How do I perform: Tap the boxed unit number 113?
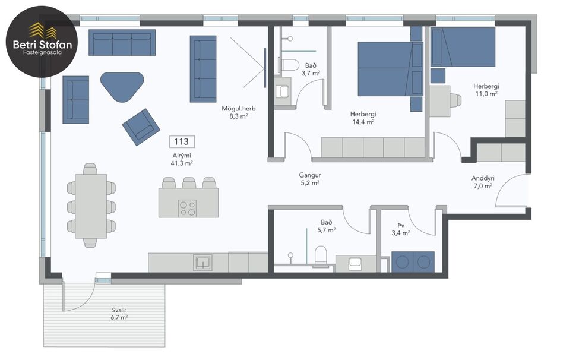click(x=182, y=141)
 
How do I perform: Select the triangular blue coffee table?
click(x=123, y=86)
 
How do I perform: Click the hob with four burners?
click(x=188, y=208)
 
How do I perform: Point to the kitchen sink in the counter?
click(x=202, y=262)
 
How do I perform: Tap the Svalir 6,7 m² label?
click(x=120, y=314)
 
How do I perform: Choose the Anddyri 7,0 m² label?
click(x=482, y=182)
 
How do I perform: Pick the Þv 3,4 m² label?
click(x=403, y=229)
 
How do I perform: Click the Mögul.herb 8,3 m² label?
click(x=235, y=112)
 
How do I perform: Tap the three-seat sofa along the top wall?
click(x=122, y=43)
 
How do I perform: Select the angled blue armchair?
click(x=141, y=127)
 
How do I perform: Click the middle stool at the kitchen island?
click(x=189, y=182)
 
